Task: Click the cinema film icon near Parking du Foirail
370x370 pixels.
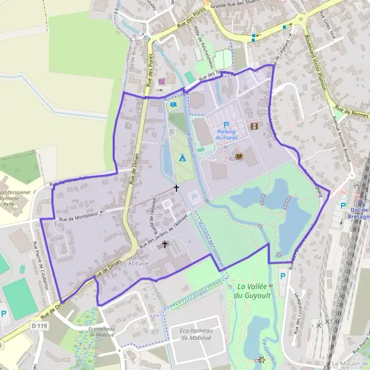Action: tap(254, 126)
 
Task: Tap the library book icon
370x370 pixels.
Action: tap(239, 156)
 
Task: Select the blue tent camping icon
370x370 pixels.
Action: tap(182, 158)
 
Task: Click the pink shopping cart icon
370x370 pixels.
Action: tap(162, 81)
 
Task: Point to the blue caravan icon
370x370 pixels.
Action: tap(174, 104)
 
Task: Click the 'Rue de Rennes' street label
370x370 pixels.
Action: tap(352, 112)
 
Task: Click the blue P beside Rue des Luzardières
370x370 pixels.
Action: tap(283, 276)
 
